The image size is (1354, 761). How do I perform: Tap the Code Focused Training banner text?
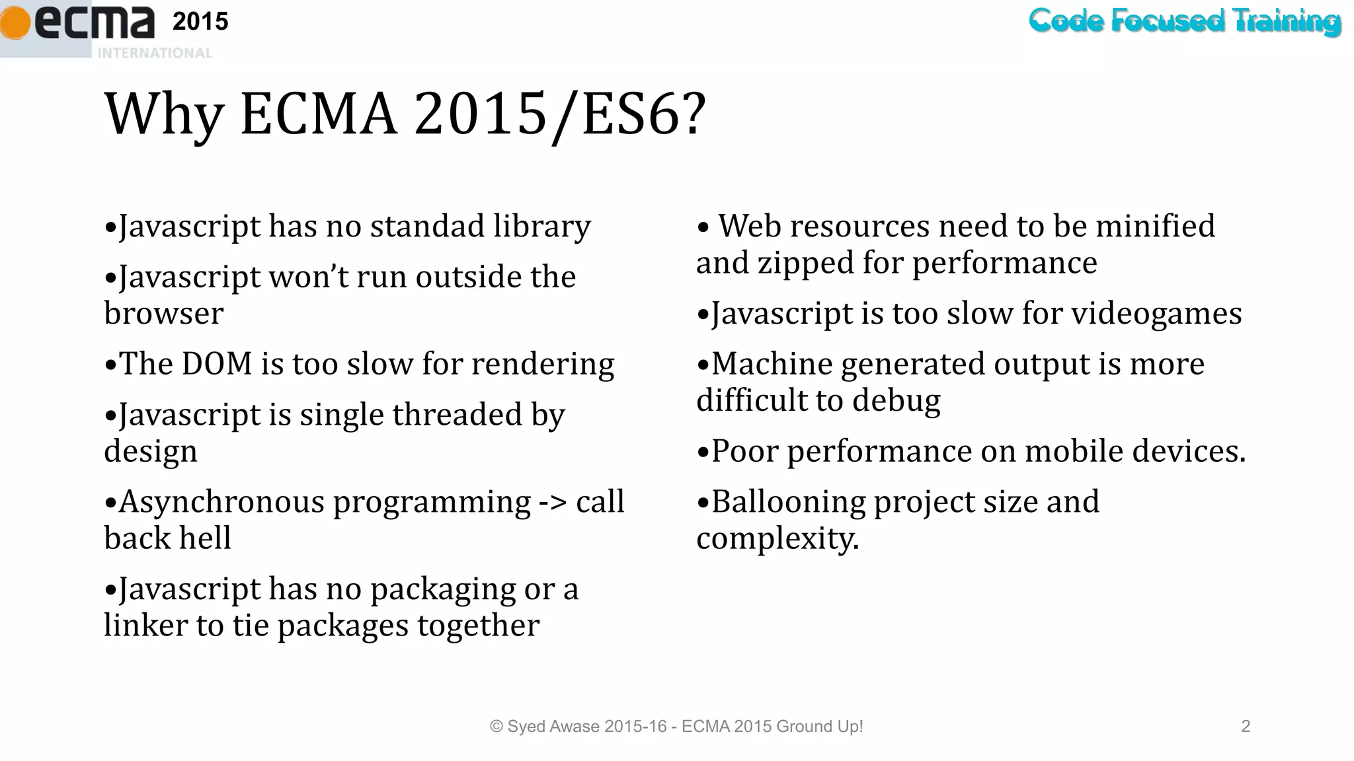[x=1184, y=21]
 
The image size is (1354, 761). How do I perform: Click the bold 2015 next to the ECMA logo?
[x=200, y=22]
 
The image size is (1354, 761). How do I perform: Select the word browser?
[x=163, y=314]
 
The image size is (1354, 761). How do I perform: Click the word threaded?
[x=457, y=415]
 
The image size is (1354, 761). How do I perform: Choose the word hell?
[x=208, y=538]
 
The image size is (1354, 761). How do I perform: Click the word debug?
[x=896, y=401]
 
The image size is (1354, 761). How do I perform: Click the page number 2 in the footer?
[x=1246, y=727]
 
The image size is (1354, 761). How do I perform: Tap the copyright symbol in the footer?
[x=496, y=727]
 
